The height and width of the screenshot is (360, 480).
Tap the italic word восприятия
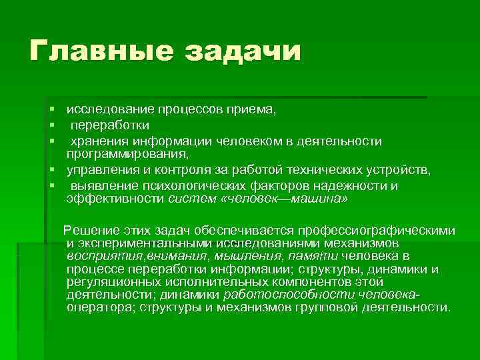[99, 256]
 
